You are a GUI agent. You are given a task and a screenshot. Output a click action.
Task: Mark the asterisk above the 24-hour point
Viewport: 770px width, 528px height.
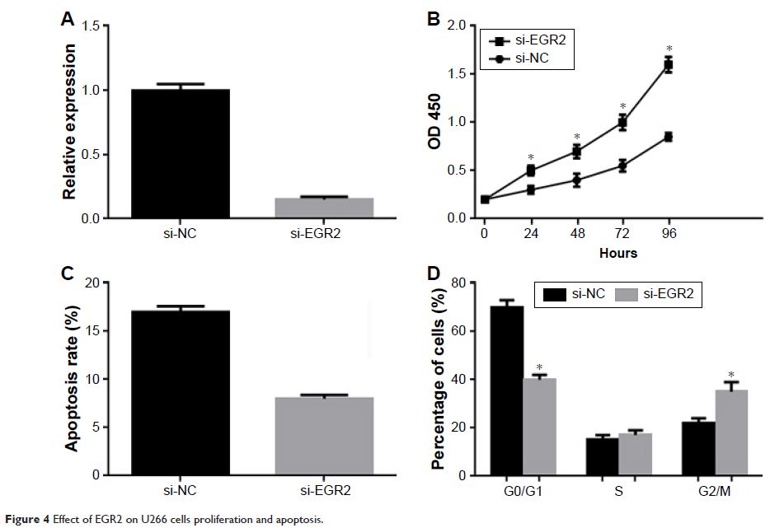coord(531,157)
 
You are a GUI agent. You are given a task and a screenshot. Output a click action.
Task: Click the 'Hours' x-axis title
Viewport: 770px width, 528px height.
coord(617,253)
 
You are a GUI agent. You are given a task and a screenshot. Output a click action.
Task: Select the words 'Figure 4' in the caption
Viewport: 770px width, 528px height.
coord(26,518)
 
